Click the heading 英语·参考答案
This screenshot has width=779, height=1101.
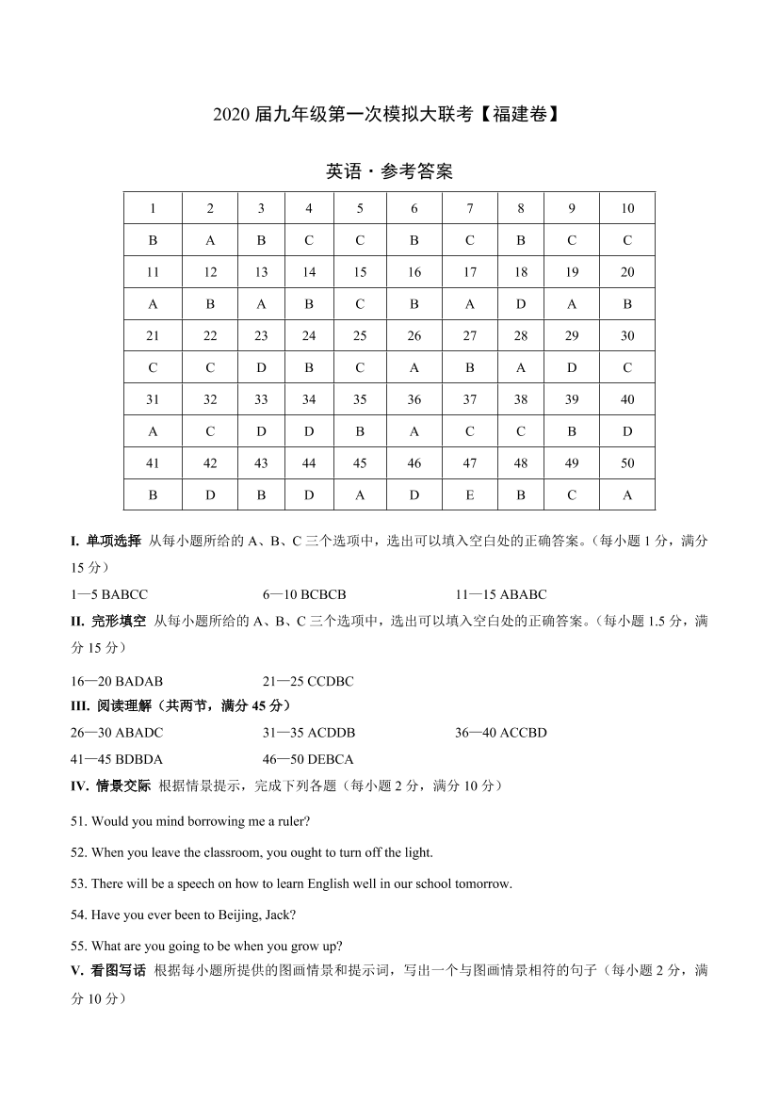point(389,171)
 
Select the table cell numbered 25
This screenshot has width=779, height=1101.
point(360,335)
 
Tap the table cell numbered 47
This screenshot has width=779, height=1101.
point(470,462)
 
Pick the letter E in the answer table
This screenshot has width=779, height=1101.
point(470,494)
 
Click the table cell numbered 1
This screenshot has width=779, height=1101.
point(153,208)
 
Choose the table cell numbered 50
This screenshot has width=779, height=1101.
point(627,462)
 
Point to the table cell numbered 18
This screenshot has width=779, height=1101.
point(521,272)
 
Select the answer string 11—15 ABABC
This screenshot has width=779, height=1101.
point(500,594)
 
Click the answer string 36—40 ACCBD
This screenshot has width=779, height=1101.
point(500,732)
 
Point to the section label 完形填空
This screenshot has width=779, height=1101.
point(119,621)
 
